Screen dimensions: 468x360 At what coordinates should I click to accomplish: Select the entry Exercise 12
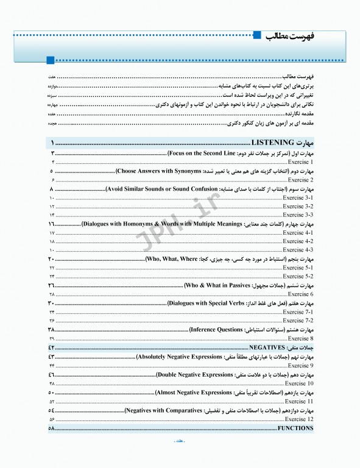pyautogui.click(x=299, y=419)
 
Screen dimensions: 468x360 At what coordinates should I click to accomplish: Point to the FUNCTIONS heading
pyautogui.click(x=295, y=428)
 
